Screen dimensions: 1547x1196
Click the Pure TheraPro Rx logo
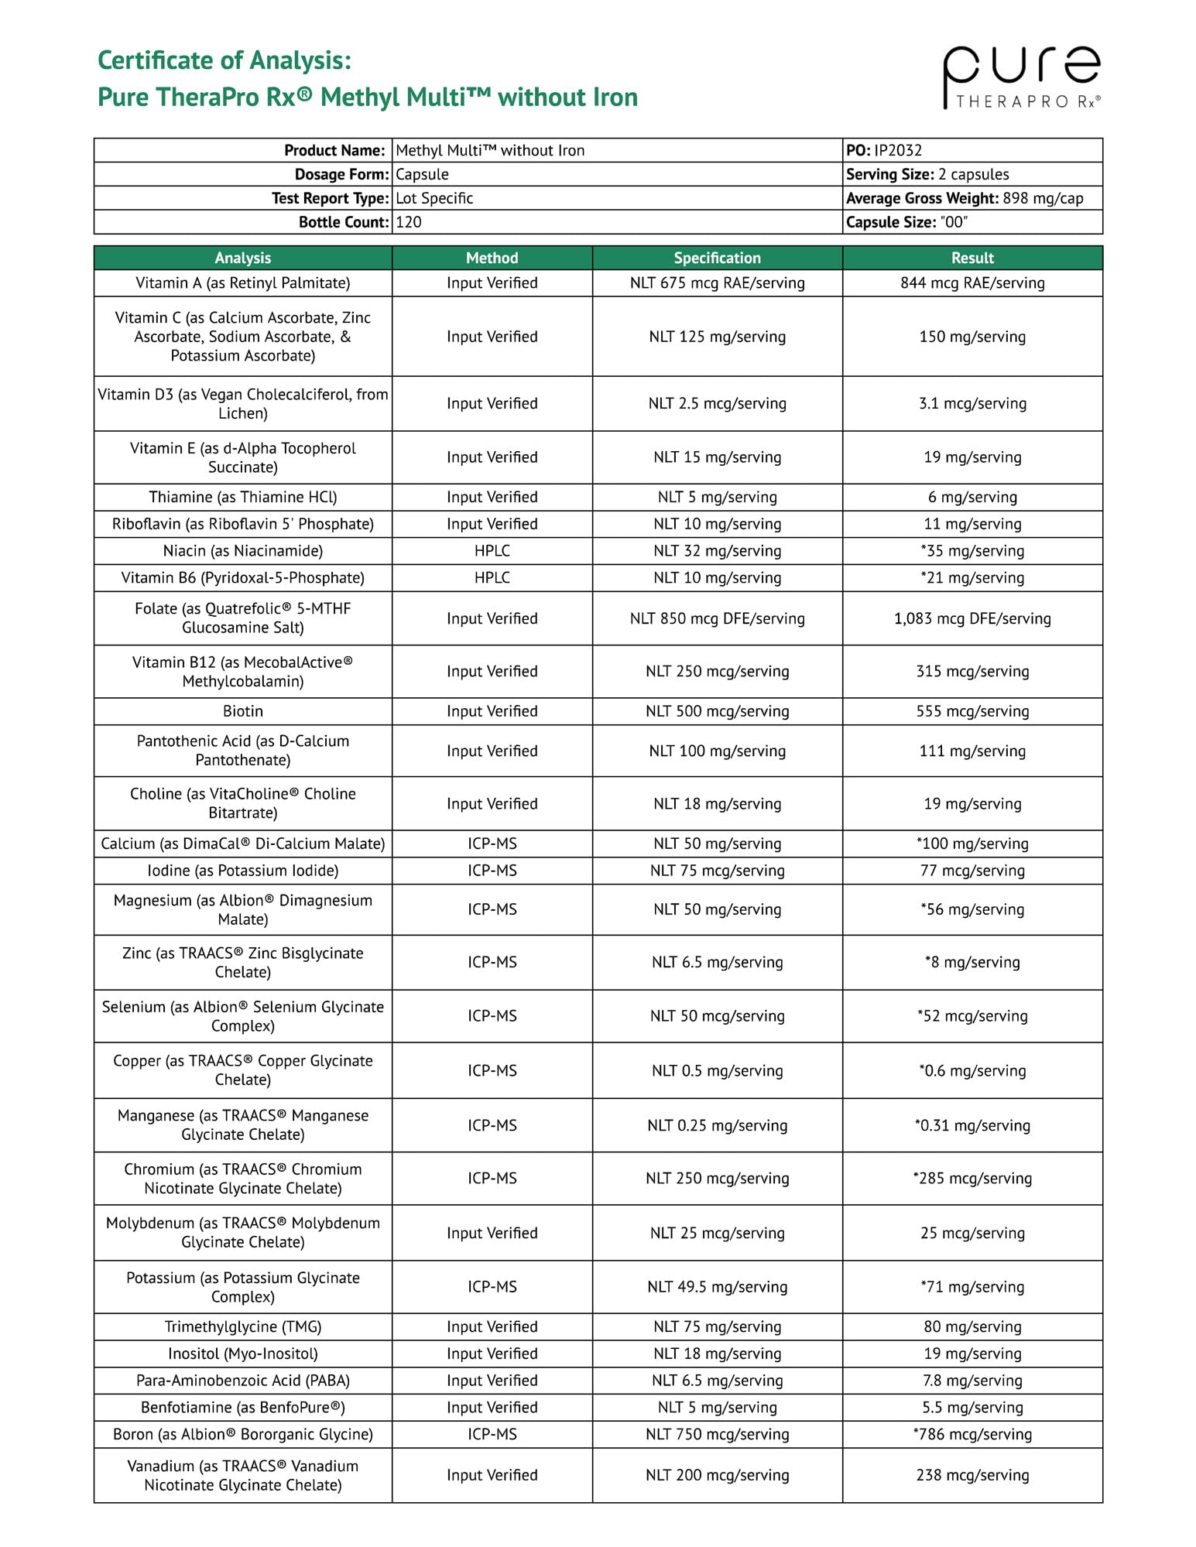coord(1021,77)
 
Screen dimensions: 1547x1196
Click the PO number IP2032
coord(898,150)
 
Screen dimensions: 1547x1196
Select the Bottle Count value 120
coord(409,222)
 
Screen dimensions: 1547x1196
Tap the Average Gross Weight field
coord(964,198)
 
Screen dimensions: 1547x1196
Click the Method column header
coord(492,258)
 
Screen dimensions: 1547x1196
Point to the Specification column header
coord(717,258)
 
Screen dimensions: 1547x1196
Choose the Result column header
coord(972,258)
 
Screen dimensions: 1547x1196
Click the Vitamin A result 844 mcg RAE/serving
coord(972,283)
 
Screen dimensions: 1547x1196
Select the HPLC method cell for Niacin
coord(492,551)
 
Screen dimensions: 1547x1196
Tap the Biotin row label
coord(242,711)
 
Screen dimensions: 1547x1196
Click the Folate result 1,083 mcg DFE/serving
coord(972,618)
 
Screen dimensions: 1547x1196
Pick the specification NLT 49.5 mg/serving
coord(717,1287)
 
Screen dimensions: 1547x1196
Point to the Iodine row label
coord(242,871)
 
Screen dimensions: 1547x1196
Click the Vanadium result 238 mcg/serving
coord(972,1475)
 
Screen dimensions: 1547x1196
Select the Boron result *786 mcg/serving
coord(972,1434)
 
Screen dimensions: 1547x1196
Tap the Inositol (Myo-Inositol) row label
coord(242,1354)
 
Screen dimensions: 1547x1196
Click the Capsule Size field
coord(906,222)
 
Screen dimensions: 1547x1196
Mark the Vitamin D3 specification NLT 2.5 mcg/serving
coord(717,403)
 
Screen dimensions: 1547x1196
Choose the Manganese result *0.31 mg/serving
coord(972,1125)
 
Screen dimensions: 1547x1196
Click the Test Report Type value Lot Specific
coord(434,198)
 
